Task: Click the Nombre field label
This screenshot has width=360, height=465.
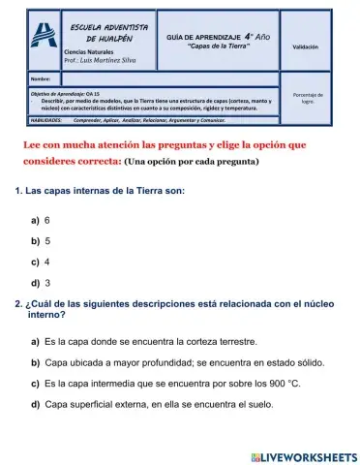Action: [40, 77]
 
